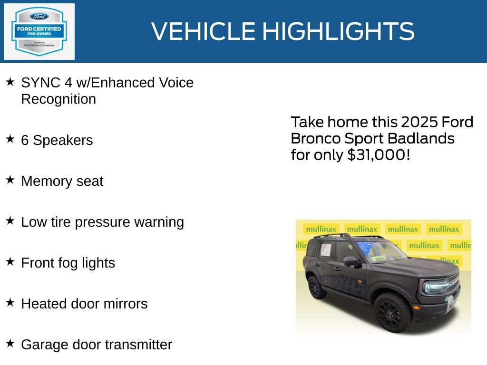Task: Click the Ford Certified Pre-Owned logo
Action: pos(39,32)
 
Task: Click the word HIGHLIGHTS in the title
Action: pos(338,31)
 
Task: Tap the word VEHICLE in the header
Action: pos(204,31)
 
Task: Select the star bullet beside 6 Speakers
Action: pos(10,139)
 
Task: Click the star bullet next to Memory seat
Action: pos(10,180)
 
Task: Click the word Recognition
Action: pos(58,99)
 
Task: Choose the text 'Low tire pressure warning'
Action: pos(102,222)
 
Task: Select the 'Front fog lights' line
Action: pos(68,263)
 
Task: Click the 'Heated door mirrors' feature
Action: pos(84,304)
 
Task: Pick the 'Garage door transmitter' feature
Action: pos(97,345)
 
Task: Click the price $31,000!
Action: pos(379,154)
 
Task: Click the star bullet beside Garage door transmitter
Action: pos(10,343)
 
